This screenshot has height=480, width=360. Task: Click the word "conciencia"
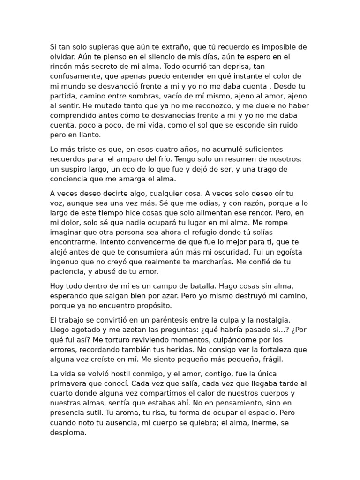[x=70, y=179]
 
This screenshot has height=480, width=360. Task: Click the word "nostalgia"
[x=275, y=320]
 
